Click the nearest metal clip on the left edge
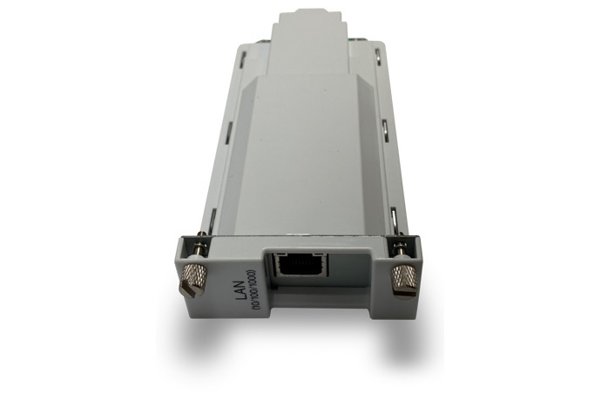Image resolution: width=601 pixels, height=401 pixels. click(x=214, y=218)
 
